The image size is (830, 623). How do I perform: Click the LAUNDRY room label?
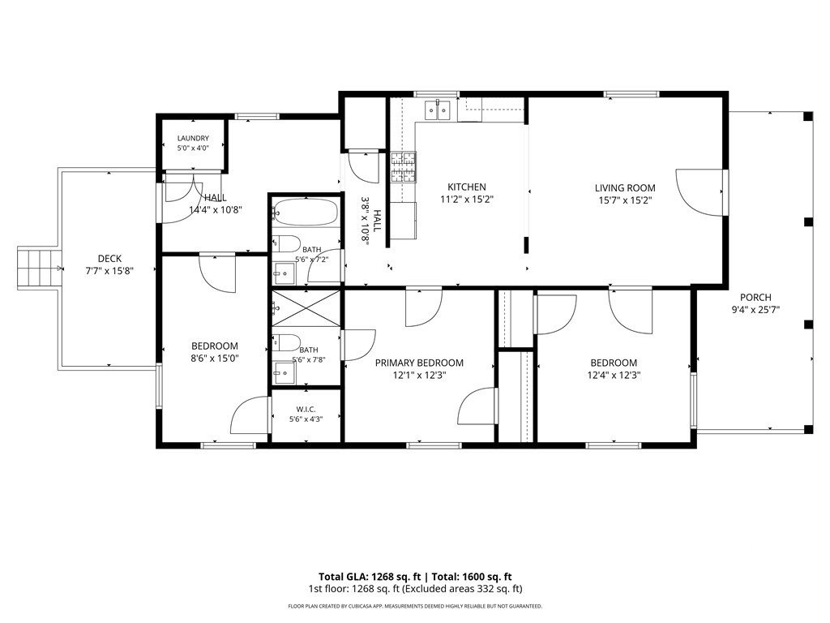point(193,138)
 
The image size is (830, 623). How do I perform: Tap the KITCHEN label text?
point(467,187)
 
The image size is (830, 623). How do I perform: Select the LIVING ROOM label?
point(625,188)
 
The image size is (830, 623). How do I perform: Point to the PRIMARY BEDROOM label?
point(419,363)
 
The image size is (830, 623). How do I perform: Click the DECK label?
point(109,259)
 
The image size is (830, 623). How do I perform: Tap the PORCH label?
point(755,298)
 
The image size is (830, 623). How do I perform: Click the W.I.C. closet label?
point(306,410)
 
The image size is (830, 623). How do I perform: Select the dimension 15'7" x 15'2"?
point(625,200)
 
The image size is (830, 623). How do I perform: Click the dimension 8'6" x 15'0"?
point(215,359)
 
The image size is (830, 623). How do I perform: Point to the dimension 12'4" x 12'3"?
point(614,376)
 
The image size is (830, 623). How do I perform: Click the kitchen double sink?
point(439,110)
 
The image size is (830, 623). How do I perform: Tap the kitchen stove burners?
point(404,167)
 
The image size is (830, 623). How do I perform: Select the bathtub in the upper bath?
point(306,212)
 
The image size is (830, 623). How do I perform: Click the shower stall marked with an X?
point(306,308)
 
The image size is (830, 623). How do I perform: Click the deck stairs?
point(37,268)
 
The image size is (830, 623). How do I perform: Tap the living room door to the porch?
point(700,192)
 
